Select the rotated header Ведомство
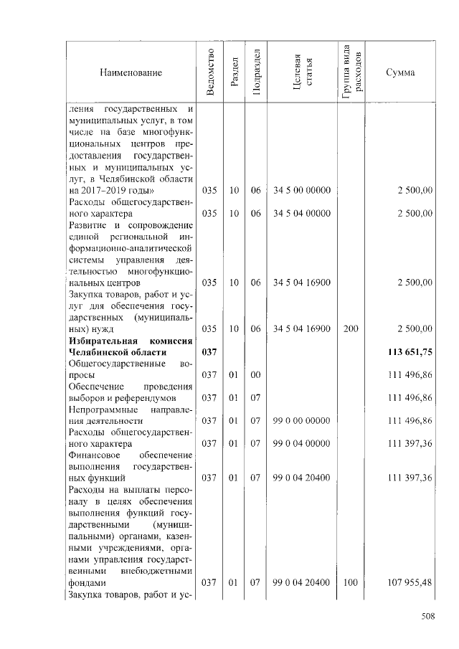coord(209,72)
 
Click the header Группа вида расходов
coord(351,72)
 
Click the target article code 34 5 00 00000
coord(301,190)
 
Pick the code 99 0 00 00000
coord(301,421)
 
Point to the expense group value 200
coord(351,329)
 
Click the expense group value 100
coord(351,583)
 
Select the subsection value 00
coord(255,375)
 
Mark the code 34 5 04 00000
coord(301,213)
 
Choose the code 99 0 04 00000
coord(301,444)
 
